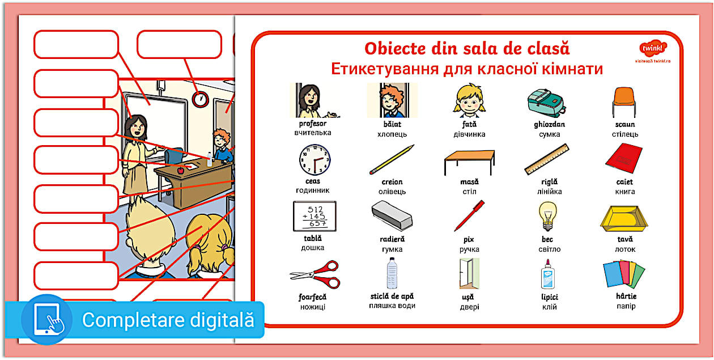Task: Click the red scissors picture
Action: pos(315,274)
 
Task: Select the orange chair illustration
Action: pos(624,101)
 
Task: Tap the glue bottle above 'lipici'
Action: pos(549,274)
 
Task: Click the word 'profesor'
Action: pos(313,124)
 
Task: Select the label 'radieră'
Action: pos(392,239)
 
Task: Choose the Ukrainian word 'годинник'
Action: pos(313,191)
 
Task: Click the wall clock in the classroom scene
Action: pos(200,99)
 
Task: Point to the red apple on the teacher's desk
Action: pos(181,170)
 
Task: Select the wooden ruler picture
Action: pos(547,159)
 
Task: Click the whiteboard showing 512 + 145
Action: pos(314,216)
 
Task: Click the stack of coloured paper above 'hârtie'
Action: pos(624,274)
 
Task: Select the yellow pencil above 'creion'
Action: pos(392,159)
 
